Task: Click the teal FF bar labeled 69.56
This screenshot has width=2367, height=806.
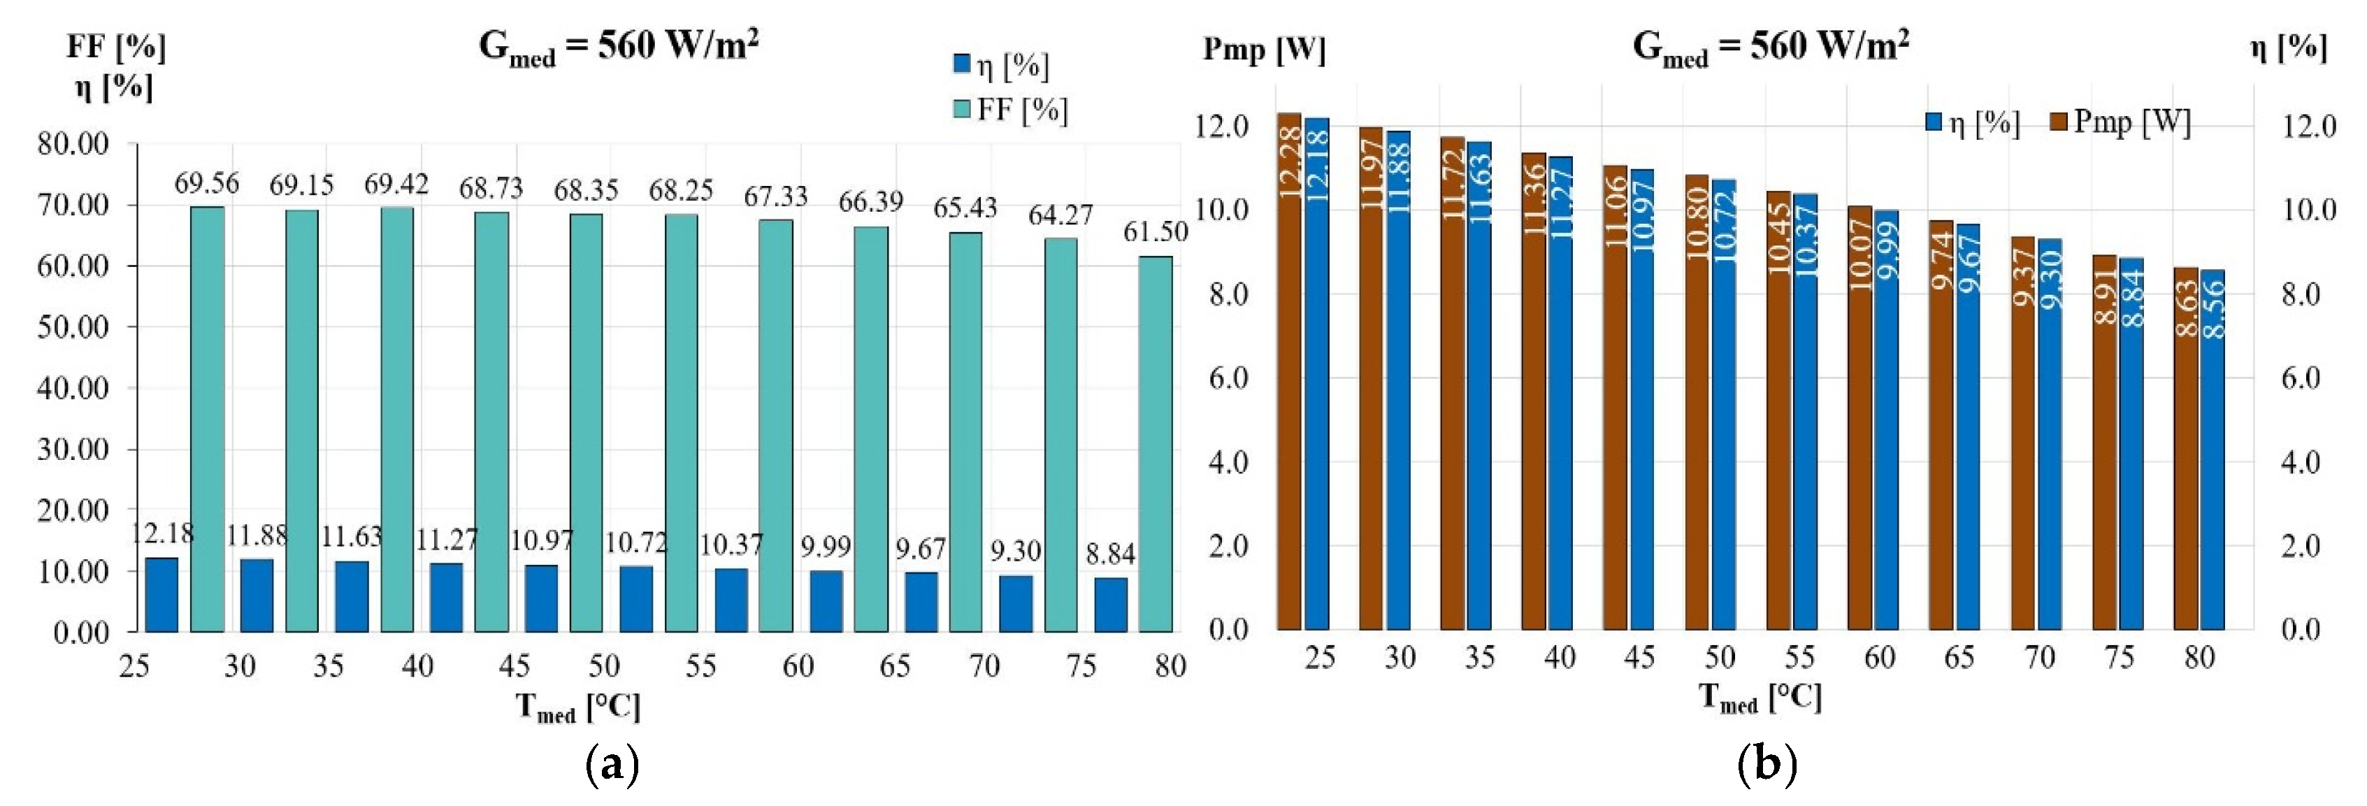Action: [x=207, y=418]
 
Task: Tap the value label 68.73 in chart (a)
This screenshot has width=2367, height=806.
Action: [x=491, y=189]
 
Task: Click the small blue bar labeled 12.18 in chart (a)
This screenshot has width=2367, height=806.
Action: [x=161, y=595]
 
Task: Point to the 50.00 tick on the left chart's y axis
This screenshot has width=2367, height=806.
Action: [x=73, y=327]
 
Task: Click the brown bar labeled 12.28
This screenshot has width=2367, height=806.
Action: [x=1289, y=371]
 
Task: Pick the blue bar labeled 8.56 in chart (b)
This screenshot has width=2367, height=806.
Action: [x=2212, y=450]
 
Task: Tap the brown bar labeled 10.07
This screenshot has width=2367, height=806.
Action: [x=1859, y=418]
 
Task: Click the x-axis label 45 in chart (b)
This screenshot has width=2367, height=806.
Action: [x=1639, y=658]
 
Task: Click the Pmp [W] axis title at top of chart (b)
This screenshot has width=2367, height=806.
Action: [x=1265, y=50]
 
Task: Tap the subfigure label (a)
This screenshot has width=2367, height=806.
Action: [x=611, y=765]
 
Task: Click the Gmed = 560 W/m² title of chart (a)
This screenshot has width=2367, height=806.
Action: [x=619, y=46]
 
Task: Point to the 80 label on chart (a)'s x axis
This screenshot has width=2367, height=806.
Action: [x=1170, y=666]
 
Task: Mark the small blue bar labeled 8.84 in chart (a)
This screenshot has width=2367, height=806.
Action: [x=1111, y=605]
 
